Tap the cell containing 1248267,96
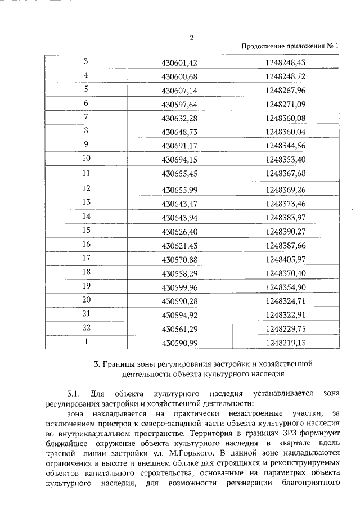[x=285, y=89]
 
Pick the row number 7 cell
[x=86, y=116]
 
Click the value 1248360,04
[x=285, y=131]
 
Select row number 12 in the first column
[x=86, y=188]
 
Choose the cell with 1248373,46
[x=285, y=202]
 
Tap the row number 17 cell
[x=86, y=258]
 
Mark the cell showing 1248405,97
[x=285, y=258]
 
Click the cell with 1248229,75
[x=285, y=328]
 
